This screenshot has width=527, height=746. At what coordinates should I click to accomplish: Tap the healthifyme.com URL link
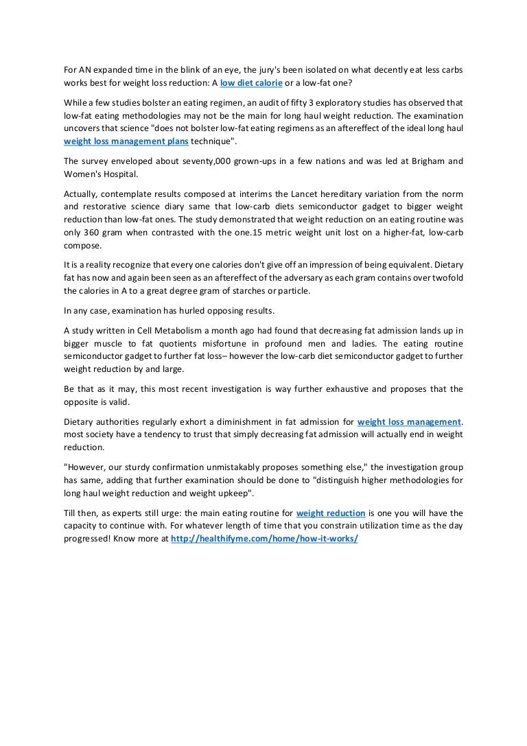coord(264,539)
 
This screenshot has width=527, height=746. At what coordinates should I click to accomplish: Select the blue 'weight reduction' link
coord(331,513)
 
